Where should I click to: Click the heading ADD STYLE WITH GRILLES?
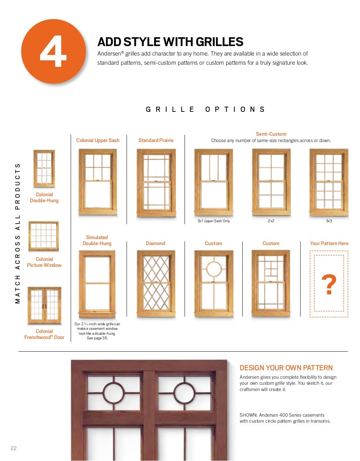[x=170, y=41]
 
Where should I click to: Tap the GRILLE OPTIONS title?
[x=205, y=109]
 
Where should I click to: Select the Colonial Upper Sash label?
[x=98, y=140]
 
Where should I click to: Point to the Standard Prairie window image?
[x=156, y=183]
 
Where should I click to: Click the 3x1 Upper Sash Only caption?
[x=214, y=221]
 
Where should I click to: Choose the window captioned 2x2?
[x=271, y=182]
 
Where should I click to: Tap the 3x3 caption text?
[x=329, y=221]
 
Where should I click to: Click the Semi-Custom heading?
[x=271, y=134]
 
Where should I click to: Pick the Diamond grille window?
[x=156, y=283]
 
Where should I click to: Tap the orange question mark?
[x=329, y=284]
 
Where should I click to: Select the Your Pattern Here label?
[x=329, y=243]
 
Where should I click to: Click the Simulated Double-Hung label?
[x=97, y=241]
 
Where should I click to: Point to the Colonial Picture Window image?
[x=44, y=236]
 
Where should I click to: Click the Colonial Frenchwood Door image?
[x=44, y=306]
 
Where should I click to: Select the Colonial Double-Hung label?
[x=44, y=198]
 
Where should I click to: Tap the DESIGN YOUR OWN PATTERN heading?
[x=286, y=368]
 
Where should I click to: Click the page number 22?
[x=14, y=448]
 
